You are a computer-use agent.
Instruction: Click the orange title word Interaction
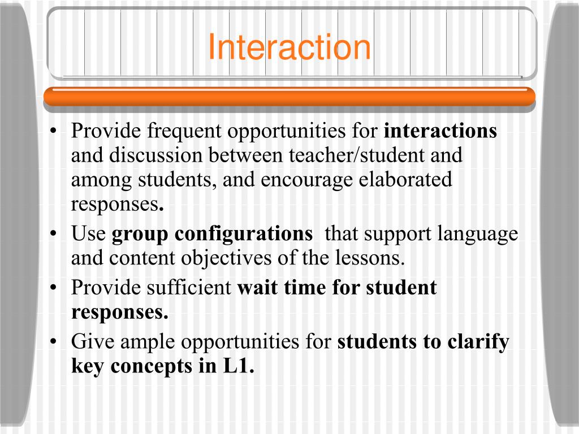click(x=289, y=47)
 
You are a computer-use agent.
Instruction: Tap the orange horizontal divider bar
click(x=289, y=97)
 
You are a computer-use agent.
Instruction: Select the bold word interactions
click(x=440, y=131)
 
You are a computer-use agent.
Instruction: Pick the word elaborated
click(x=405, y=180)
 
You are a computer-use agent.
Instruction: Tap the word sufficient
click(x=189, y=288)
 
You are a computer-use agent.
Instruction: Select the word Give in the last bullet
click(x=92, y=342)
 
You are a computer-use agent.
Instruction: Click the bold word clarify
click(x=478, y=342)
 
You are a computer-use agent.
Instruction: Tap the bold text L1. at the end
click(x=236, y=366)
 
